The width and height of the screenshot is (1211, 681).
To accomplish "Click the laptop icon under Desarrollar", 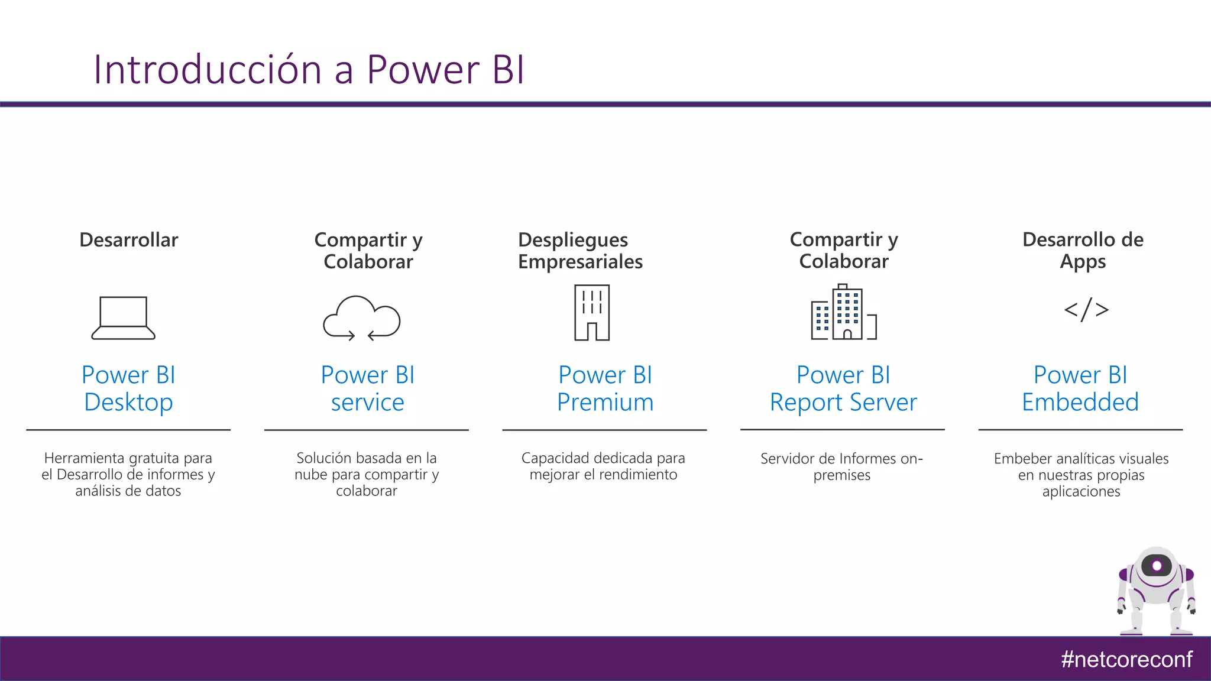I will coord(123,317).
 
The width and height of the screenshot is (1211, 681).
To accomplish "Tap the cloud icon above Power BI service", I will coord(362,317).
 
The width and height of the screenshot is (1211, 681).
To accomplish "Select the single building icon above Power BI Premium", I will coord(592,313).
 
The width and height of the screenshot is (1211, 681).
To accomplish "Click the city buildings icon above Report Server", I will coord(843,313).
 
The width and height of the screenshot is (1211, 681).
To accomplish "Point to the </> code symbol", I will coord(1086,310).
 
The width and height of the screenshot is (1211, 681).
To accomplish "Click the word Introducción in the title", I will coord(207,70).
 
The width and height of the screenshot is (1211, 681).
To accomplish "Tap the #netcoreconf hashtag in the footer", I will coord(1126,659).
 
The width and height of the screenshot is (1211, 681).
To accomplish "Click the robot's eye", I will coord(1157,566).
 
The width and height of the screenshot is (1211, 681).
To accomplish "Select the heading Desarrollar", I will coord(128,240).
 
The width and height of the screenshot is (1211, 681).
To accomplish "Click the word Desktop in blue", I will coord(128,403).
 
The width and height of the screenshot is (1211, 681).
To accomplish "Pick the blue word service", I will coord(367,403).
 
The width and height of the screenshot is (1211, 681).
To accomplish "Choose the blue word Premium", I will coord(605,403).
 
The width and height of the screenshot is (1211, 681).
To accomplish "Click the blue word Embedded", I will coord(1080,403).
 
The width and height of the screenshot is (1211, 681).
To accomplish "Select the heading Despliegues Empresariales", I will coord(579,251).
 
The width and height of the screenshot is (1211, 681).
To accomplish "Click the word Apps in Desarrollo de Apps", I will coord(1082,261).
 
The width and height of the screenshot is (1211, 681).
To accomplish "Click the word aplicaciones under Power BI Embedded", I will coord(1081,492).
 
